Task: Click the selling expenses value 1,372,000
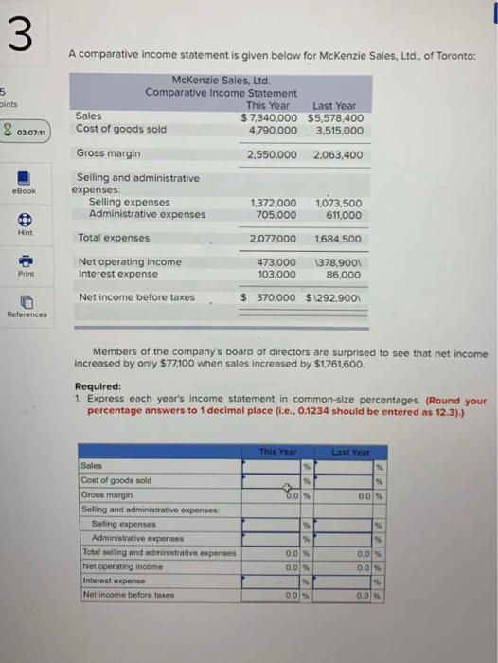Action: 273,202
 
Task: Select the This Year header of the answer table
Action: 278,453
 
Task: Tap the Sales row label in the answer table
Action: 93,466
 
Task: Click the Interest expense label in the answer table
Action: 111,579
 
